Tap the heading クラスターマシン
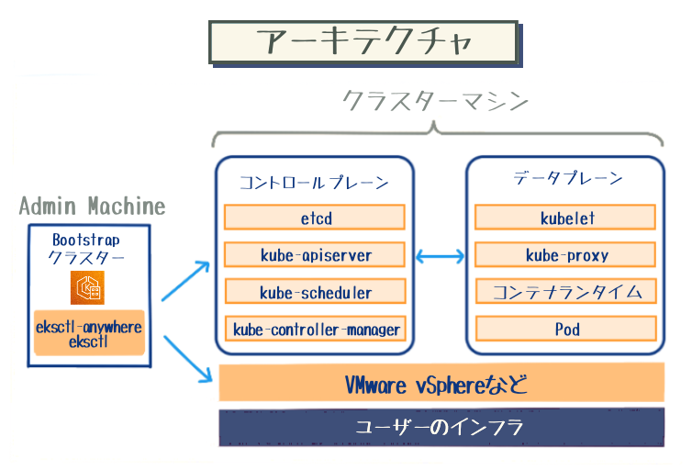[436, 101]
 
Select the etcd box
[315, 218]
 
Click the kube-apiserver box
[315, 254]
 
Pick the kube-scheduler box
[315, 292]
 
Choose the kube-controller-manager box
[315, 329]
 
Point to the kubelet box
[566, 218]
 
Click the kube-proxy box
[566, 255]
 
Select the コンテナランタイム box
[566, 292]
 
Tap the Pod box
[566, 329]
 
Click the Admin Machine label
[92, 206]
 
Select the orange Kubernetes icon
[88, 287]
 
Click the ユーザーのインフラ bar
[441, 427]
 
